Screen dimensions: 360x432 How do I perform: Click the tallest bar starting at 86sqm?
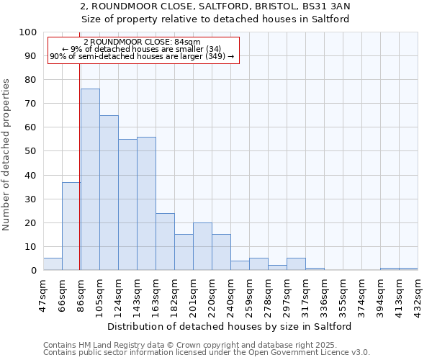[x=90, y=179]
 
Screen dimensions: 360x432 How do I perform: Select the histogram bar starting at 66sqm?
[x=71, y=226]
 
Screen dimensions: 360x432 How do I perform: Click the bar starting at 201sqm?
[x=202, y=246]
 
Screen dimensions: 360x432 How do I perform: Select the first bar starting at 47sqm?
[x=53, y=264]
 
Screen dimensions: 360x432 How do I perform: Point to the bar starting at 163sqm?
[x=165, y=241]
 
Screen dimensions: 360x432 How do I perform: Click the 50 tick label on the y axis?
[x=30, y=151]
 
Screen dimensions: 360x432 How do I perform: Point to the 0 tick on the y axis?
[x=33, y=270]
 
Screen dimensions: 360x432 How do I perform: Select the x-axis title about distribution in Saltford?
[x=230, y=326]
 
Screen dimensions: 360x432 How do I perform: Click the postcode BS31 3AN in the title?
[x=325, y=6]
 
